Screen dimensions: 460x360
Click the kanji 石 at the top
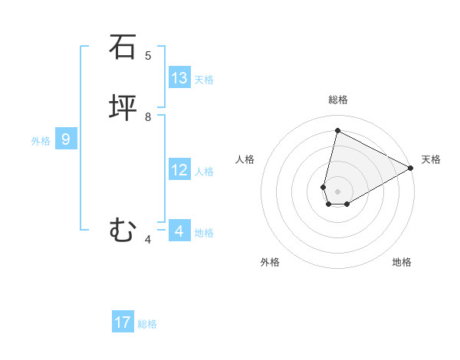(123, 47)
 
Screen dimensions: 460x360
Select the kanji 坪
(123, 108)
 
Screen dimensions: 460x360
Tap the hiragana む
(123, 230)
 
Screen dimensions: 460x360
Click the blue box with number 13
(179, 78)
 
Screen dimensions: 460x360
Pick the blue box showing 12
(179, 170)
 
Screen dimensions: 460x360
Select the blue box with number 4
(179, 231)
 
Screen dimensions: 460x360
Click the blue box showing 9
(66, 139)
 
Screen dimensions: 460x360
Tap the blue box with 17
(123, 322)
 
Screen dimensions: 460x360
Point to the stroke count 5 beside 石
(148, 56)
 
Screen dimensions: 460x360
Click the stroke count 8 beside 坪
(148, 117)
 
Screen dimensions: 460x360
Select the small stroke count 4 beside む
(148, 240)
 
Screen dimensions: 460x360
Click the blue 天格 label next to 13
(204, 80)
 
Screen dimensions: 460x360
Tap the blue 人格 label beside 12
(204, 172)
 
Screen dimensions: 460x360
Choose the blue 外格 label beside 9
(41, 141)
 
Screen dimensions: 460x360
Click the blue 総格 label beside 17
(147, 324)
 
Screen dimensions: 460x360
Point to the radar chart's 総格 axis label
(338, 100)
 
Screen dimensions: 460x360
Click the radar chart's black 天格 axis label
(431, 159)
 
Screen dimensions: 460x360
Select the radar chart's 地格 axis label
(402, 262)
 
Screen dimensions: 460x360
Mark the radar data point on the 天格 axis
(411, 168)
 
